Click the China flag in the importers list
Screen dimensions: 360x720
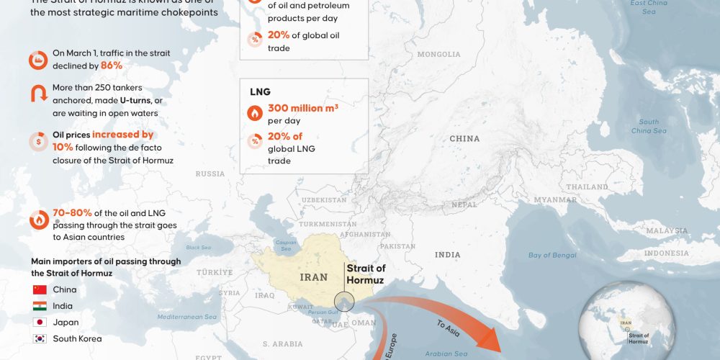(40, 289)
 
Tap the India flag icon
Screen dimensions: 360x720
(40, 306)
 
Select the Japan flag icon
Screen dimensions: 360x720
(40, 323)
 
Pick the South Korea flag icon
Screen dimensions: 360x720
(40, 338)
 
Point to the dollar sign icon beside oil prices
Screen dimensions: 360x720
(38, 140)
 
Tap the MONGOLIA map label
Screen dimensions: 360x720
(438, 54)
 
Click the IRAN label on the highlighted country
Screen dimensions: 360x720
(313, 276)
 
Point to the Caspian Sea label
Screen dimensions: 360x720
(286, 245)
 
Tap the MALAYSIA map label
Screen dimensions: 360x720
(667, 230)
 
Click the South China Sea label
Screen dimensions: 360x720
(648, 126)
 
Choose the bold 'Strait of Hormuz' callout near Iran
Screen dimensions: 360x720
(366, 274)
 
